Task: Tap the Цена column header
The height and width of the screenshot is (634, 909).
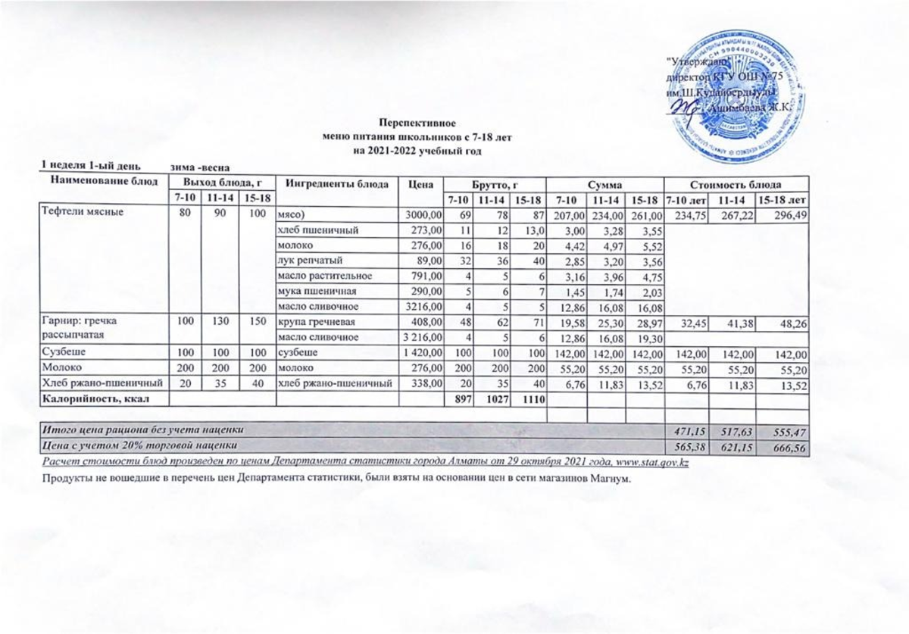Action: pos(420,183)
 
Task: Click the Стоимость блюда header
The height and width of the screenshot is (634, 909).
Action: pos(736,183)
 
